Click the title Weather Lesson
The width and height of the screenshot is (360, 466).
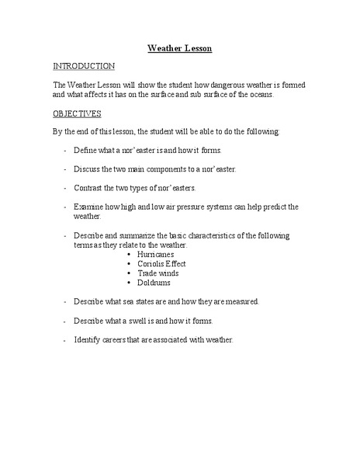pos(180,48)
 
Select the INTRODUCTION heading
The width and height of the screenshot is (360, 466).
pos(84,66)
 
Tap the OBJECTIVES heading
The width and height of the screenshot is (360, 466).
pos(78,113)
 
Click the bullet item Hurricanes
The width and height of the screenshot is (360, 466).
pos(155,254)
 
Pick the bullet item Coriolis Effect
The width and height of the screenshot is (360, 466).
pos(161,263)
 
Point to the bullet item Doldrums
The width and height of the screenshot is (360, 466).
pos(154,282)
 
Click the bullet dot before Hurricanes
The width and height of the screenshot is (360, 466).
pos(128,254)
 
